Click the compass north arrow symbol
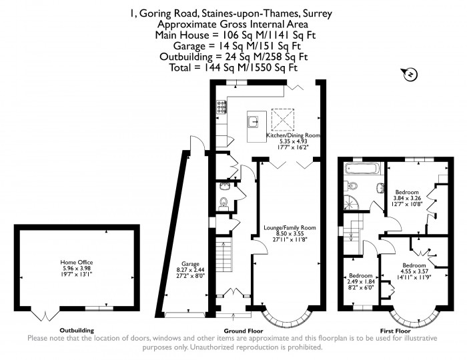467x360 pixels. click(x=411, y=73)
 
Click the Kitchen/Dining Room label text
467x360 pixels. click(x=294, y=135)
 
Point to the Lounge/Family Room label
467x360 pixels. click(x=290, y=227)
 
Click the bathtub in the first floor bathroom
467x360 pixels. click(x=354, y=168)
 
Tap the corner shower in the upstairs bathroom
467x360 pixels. click(x=351, y=201)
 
